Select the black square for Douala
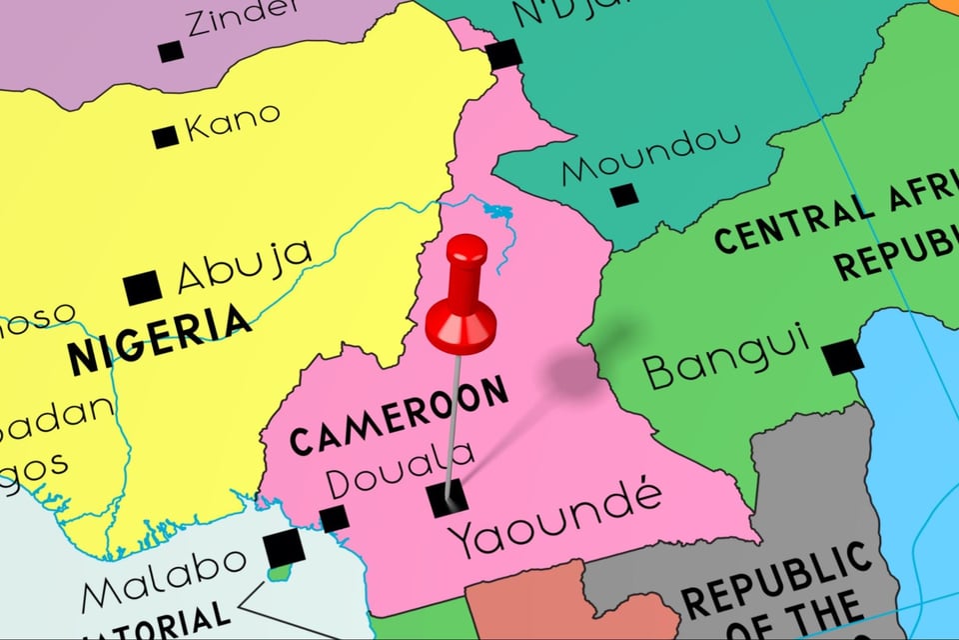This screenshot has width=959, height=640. (334, 518)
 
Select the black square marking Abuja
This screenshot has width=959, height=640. (143, 288)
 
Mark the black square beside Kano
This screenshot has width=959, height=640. (165, 137)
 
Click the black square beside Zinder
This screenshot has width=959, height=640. (171, 51)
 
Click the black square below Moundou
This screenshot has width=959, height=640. (624, 195)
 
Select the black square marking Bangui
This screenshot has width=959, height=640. (842, 357)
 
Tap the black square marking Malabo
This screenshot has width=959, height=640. (284, 548)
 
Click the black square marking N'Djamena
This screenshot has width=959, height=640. (504, 54)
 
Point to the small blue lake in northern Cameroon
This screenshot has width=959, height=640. (496, 211)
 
